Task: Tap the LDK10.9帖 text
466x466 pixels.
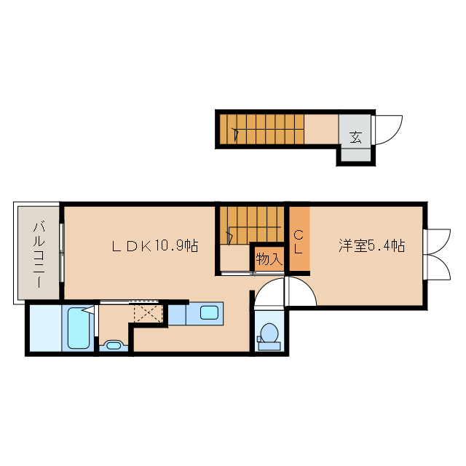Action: [x=154, y=246]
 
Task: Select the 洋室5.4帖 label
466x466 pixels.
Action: [x=371, y=246]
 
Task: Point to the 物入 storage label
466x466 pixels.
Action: [x=269, y=258]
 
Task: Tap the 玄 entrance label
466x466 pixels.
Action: [x=355, y=136]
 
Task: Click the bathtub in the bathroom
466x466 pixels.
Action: [x=77, y=328]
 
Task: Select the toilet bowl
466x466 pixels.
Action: [x=269, y=333]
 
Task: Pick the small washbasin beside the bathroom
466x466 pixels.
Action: [x=112, y=344]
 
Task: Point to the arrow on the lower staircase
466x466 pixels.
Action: [x=229, y=234]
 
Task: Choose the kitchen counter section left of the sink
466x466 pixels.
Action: [x=178, y=314]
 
